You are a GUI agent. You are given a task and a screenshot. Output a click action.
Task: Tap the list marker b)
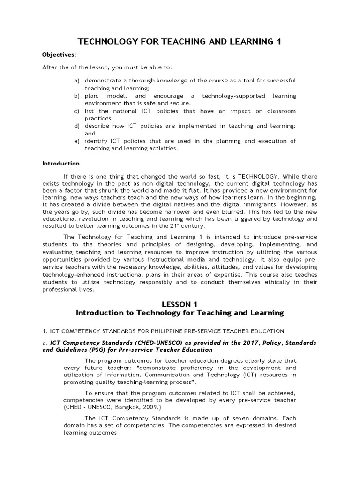[x=76, y=96]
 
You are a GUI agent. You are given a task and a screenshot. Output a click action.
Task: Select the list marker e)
[x=76, y=141]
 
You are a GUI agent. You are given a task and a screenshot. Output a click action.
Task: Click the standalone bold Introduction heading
[x=61, y=164]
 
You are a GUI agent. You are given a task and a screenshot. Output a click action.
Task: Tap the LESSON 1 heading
[x=180, y=304]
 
